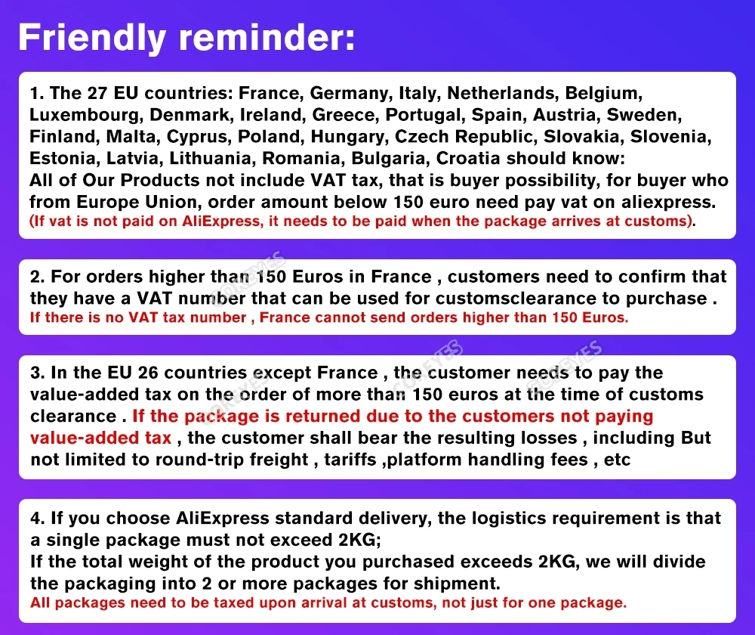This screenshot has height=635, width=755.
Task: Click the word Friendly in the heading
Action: point(92,39)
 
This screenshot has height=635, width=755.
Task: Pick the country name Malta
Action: point(131,137)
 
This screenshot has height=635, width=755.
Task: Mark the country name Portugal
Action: point(425,115)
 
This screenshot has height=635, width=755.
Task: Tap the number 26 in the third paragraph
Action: point(148,373)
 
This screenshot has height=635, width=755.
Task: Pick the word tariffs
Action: point(350,460)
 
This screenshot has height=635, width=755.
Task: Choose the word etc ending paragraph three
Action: point(617,460)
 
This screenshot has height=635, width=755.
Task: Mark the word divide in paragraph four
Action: point(679,562)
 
